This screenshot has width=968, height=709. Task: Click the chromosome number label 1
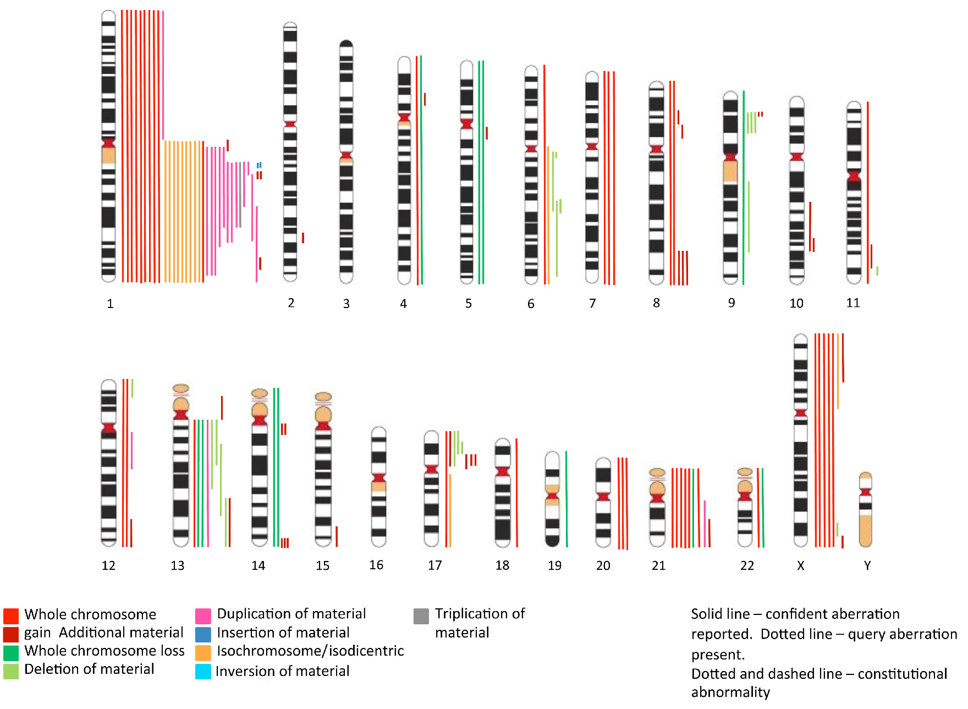pos(110,304)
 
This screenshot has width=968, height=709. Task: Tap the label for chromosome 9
pos(732,303)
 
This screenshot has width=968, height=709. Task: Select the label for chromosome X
pos(801,565)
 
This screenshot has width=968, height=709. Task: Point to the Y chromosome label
pos(867,565)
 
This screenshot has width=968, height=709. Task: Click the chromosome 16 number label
pos(376,565)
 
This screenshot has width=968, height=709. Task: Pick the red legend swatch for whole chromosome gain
pos(11,615)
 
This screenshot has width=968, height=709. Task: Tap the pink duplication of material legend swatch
pos(203,615)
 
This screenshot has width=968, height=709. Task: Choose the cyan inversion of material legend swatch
pos(203,672)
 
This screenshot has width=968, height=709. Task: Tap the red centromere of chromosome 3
pos(346,156)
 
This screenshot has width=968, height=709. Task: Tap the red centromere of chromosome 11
pos(854,176)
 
